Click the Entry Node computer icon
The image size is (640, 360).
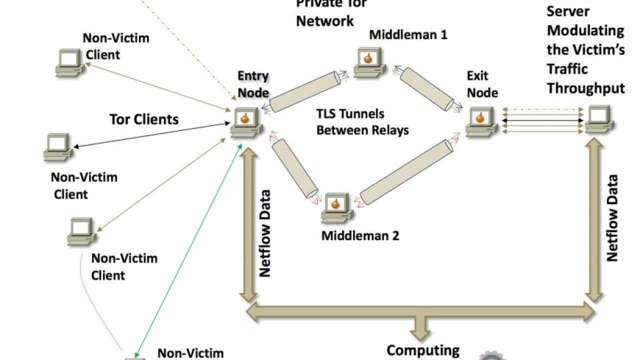[x=246, y=122]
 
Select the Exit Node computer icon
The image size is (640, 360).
[x=481, y=122]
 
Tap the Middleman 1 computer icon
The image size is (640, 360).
[x=369, y=62]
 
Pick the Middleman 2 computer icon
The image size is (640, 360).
[x=336, y=207]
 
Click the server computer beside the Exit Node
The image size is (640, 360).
[x=600, y=119]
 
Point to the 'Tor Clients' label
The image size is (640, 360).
[x=144, y=119]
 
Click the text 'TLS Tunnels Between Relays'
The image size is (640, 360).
[x=362, y=122]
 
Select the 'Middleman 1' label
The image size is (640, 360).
[x=408, y=35]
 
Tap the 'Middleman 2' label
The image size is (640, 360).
[x=360, y=235]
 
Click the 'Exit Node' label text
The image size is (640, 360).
[x=482, y=84]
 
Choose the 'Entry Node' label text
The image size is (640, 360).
[x=253, y=84]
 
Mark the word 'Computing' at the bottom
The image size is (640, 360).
[x=423, y=350]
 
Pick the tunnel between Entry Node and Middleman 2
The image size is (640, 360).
[x=295, y=168]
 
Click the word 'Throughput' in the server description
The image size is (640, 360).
[x=585, y=88]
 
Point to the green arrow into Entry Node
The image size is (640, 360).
[x=187, y=250]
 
